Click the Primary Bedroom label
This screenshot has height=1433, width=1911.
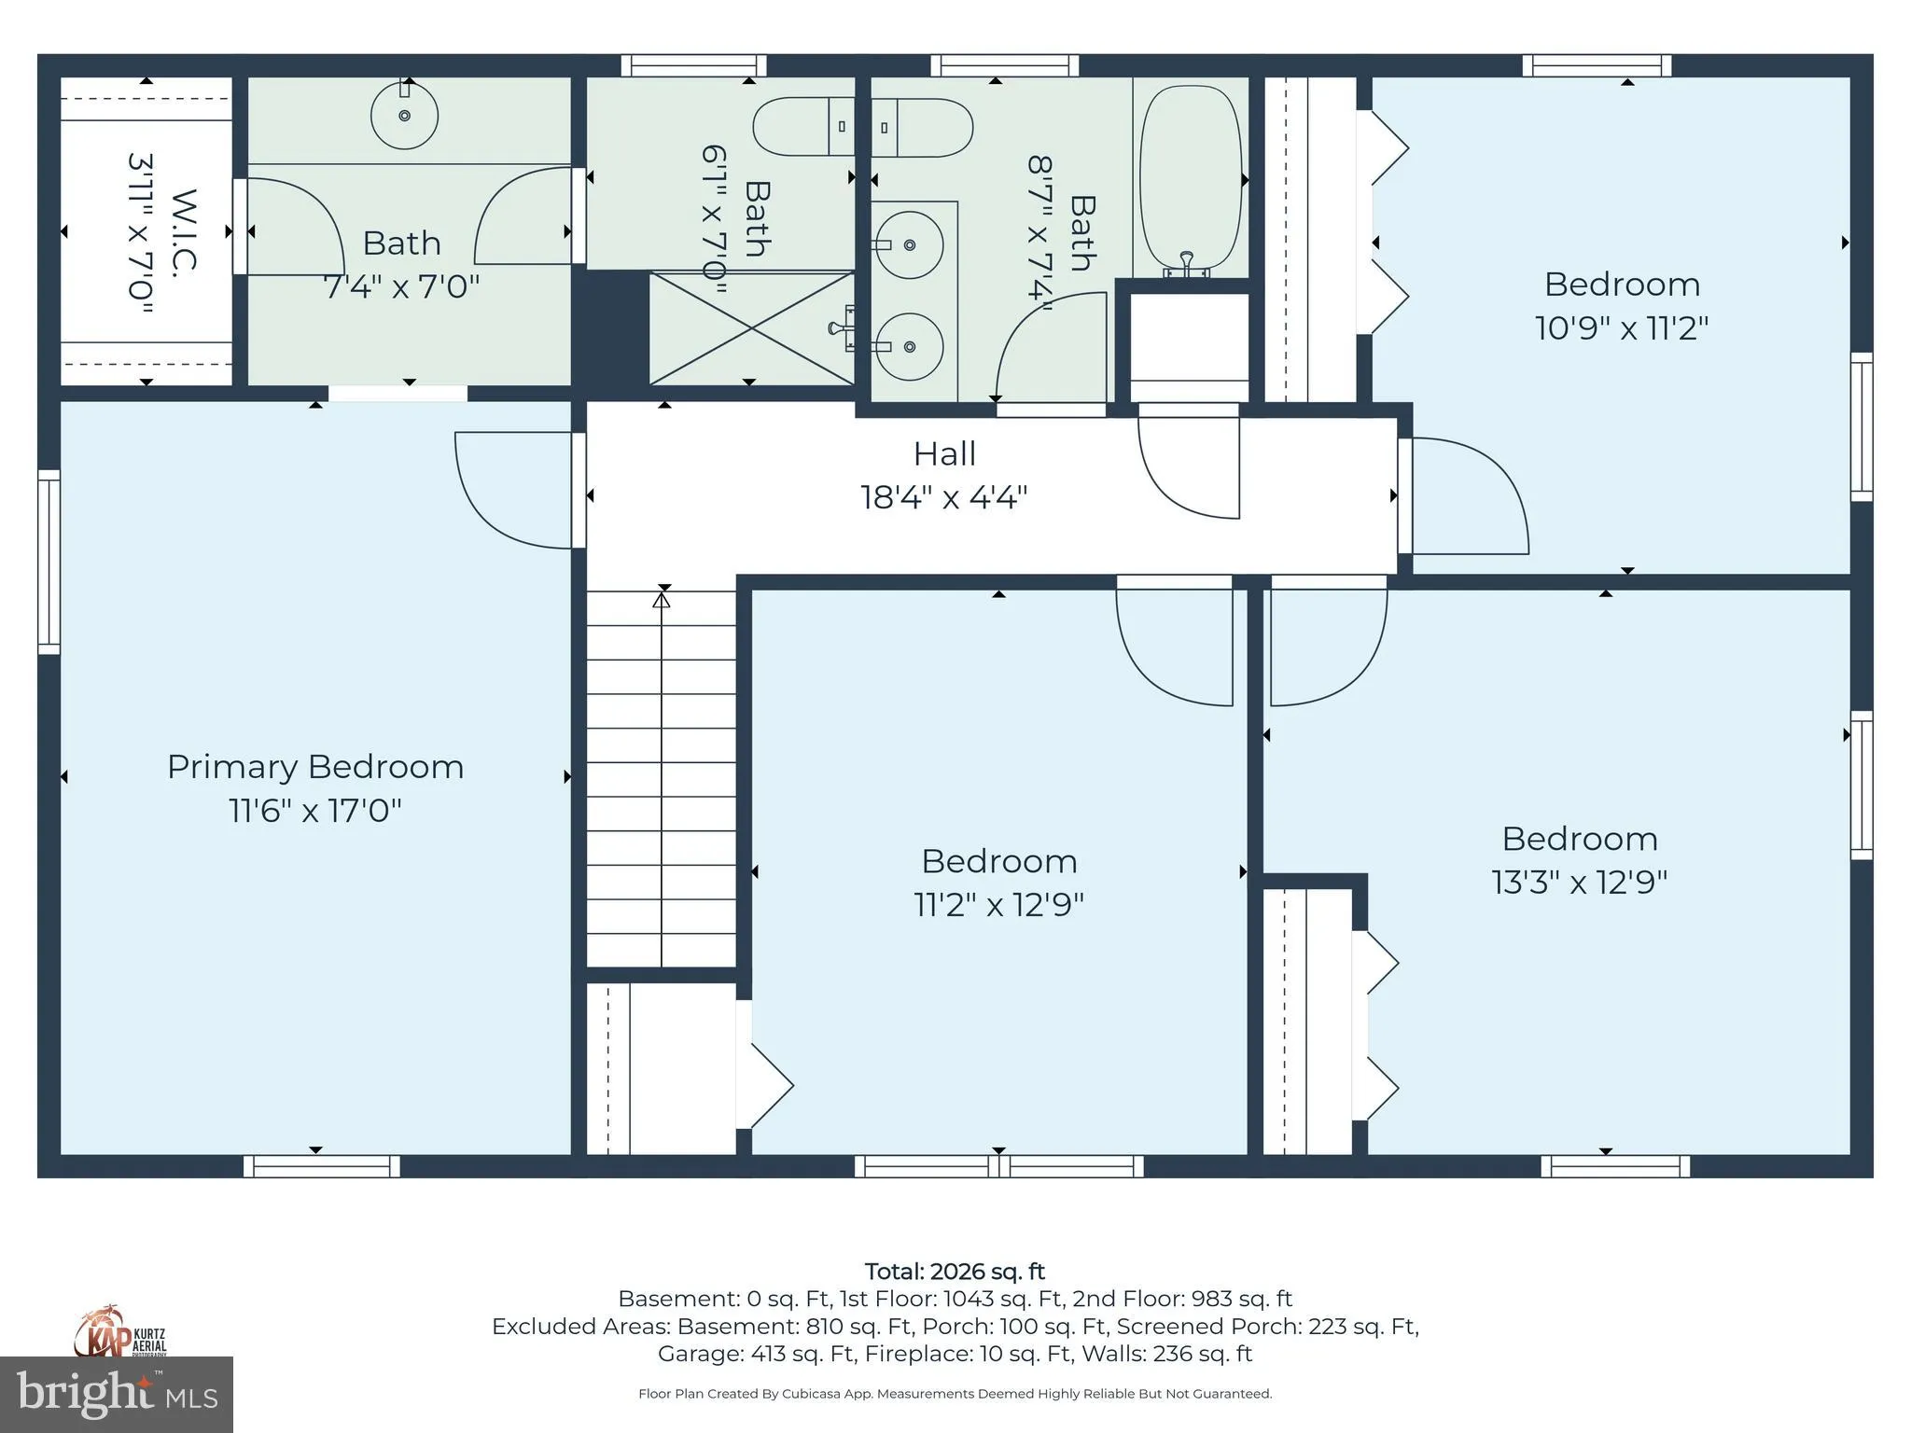315,767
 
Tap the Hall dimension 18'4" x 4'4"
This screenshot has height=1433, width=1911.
943,497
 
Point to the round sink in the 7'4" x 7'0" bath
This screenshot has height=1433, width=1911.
404,116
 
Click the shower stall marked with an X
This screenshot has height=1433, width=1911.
751,327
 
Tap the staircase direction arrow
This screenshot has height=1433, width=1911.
662,599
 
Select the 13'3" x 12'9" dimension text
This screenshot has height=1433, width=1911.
1579,882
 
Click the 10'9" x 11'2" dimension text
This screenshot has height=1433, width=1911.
1622,328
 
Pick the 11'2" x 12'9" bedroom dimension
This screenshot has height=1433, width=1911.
998,904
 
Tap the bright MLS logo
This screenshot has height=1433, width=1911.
117,1394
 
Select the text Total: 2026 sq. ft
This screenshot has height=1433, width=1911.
954,1272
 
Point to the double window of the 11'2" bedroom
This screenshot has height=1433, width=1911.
998,1166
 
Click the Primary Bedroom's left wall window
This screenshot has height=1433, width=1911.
49,562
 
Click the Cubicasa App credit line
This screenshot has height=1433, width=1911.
954,1394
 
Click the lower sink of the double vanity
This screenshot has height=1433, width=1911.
909,347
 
